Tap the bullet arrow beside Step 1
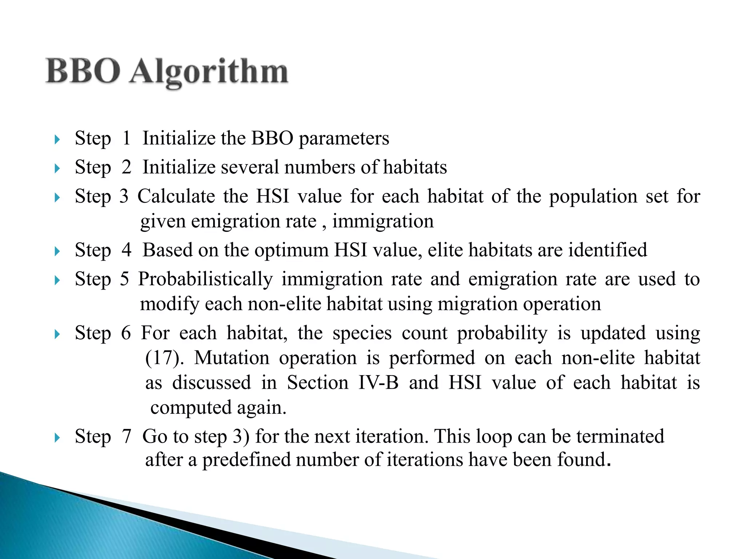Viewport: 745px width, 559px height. click(57, 139)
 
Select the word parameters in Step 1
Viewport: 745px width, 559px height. click(344, 139)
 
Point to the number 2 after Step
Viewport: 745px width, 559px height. click(126, 167)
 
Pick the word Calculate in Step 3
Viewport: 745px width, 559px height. click(176, 196)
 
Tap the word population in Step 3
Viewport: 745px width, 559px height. click(593, 197)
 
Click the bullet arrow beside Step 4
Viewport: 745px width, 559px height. click(57, 251)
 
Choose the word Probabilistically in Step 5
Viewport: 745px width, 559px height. click(205, 279)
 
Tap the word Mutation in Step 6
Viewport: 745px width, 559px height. click(232, 358)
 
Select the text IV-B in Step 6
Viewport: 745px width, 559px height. click(378, 382)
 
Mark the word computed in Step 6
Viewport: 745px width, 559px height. click(191, 408)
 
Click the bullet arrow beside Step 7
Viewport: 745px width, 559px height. click(57, 437)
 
